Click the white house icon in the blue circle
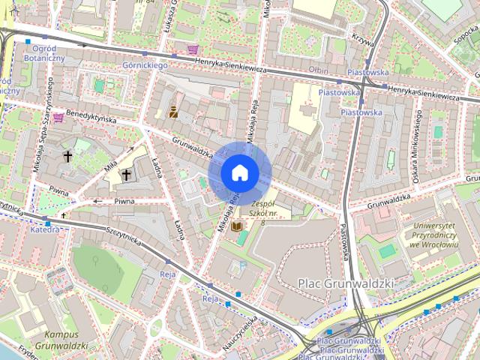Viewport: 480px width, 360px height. click(239, 172)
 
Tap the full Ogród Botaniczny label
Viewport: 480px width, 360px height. click(45, 52)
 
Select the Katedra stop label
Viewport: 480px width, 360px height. click(44, 229)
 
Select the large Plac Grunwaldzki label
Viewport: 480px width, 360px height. click(346, 283)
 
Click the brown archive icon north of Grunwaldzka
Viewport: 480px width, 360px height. click(173, 113)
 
